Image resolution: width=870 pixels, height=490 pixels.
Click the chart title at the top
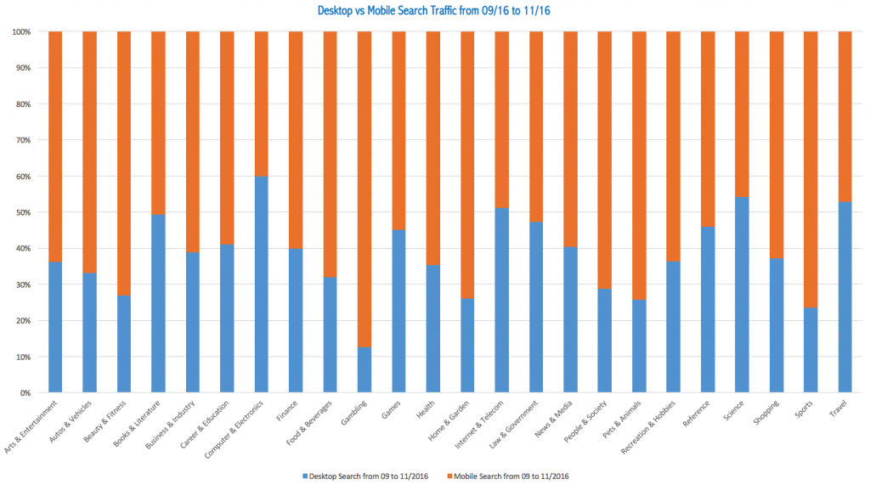(435, 11)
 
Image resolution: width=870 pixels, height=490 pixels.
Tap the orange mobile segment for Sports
(811, 169)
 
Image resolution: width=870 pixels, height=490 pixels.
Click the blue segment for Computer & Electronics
(261, 284)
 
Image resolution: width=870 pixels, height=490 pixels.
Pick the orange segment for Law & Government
(536, 127)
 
